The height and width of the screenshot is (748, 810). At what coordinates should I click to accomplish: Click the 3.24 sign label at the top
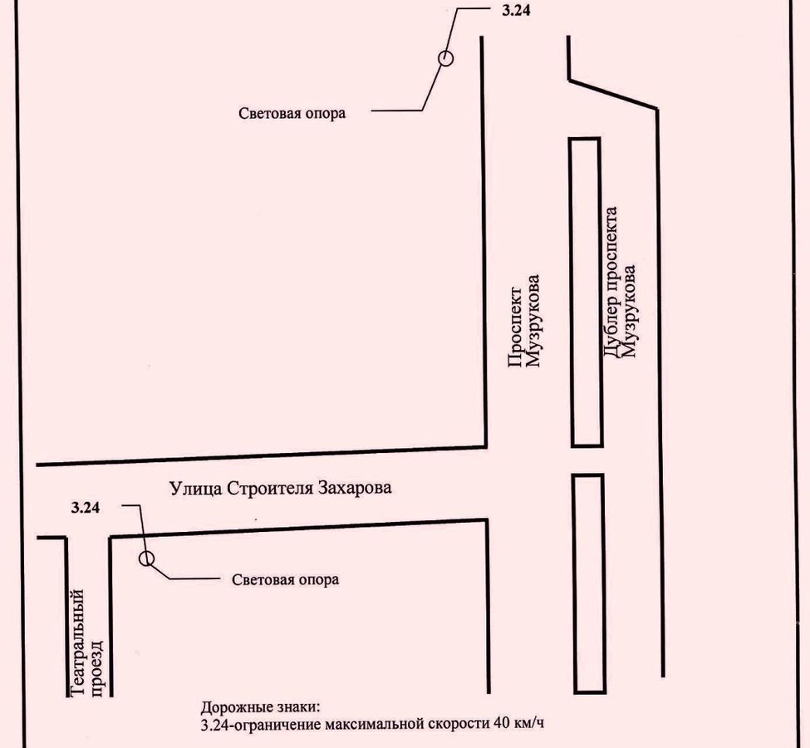516,14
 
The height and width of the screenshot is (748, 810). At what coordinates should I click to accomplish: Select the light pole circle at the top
445,58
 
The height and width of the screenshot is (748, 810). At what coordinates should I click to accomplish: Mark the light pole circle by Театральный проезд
146,558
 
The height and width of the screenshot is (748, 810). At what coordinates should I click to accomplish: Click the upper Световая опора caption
292,114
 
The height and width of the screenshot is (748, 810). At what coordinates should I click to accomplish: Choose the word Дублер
611,332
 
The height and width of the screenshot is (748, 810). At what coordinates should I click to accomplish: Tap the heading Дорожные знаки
260,708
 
